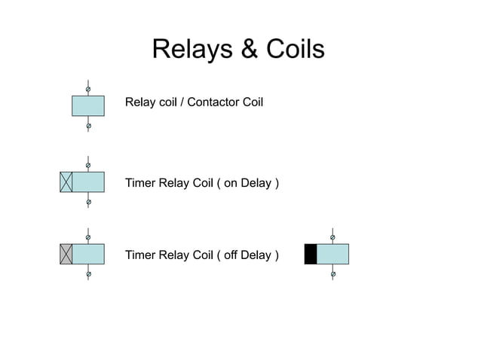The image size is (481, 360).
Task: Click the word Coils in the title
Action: (x=295, y=50)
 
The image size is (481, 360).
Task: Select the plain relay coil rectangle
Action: (x=88, y=106)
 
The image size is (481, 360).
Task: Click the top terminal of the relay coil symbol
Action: (x=88, y=90)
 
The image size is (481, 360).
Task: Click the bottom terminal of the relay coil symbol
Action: (x=88, y=126)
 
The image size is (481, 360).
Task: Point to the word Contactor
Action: (x=213, y=102)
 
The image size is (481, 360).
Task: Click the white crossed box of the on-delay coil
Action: (x=66, y=182)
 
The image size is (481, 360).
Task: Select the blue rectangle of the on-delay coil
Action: (x=88, y=182)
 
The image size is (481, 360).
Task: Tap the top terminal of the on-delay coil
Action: (x=88, y=165)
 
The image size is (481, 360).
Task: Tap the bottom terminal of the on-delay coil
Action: (x=88, y=202)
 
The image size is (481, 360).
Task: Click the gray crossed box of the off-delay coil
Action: (x=66, y=255)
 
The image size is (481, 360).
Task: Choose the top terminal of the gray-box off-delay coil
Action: (x=88, y=237)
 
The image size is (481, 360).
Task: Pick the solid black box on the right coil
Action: (x=310, y=255)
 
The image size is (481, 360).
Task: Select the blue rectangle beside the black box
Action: (x=332, y=255)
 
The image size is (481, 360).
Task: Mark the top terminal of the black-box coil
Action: (x=332, y=237)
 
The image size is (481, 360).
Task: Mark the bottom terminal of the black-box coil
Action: (x=332, y=274)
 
